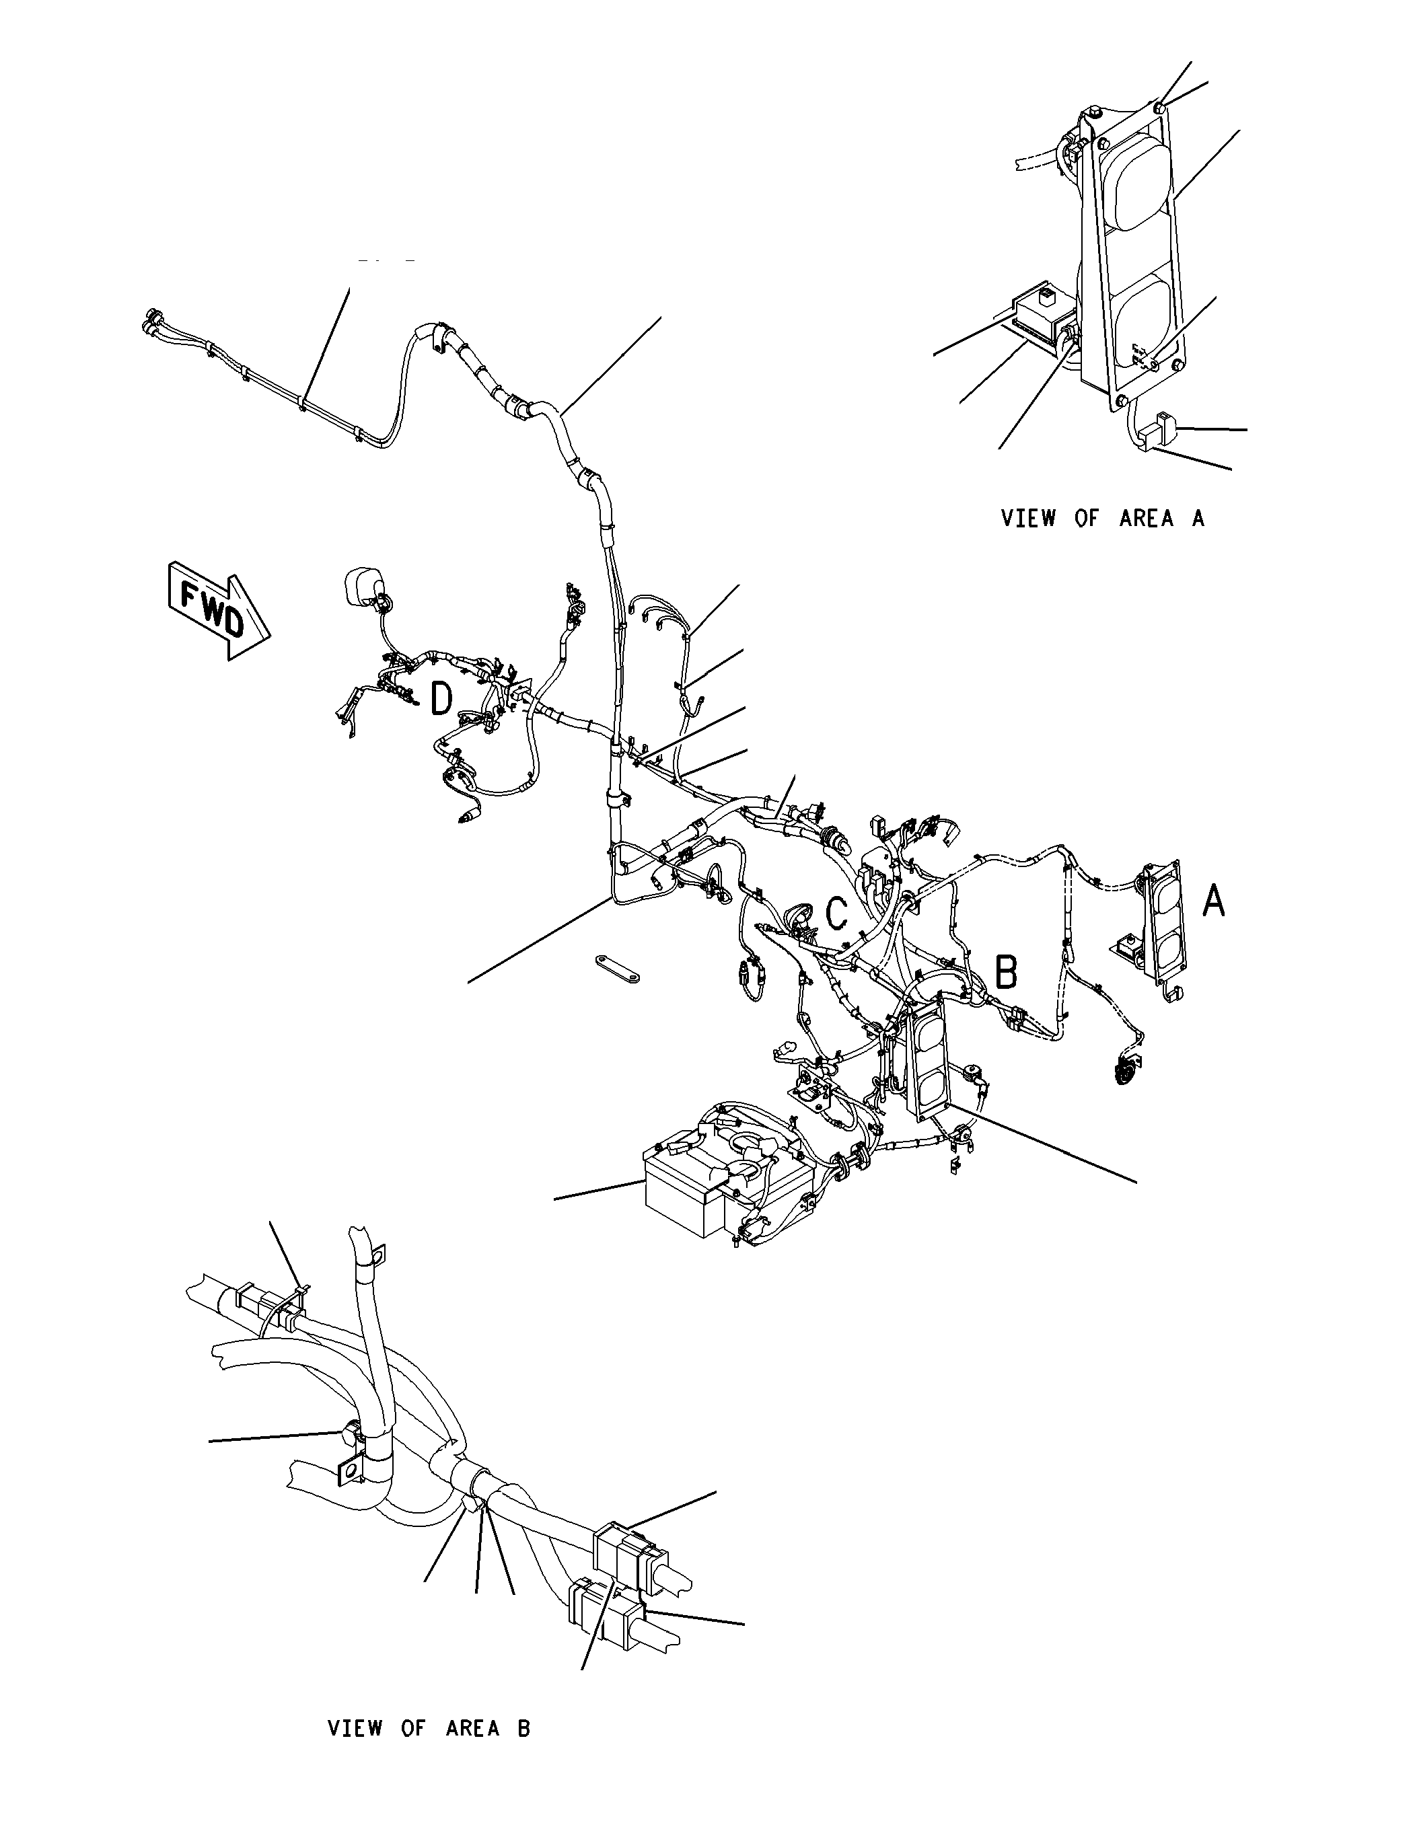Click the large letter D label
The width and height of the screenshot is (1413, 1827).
click(441, 700)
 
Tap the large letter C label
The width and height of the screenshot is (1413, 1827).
click(836, 914)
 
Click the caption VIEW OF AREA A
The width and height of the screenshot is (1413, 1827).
click(1103, 519)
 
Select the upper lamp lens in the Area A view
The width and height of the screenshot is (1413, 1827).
click(1136, 184)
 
